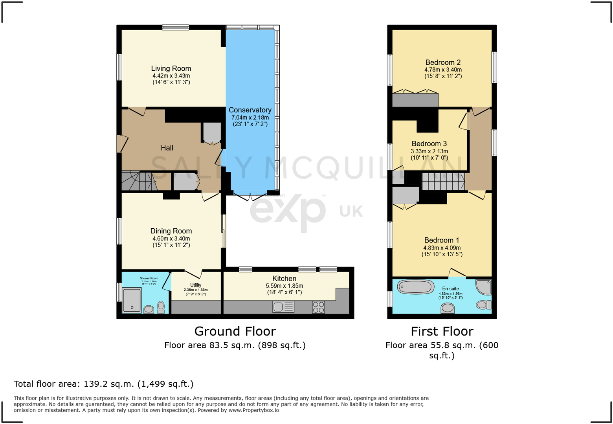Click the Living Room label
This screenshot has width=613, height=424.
click(x=171, y=69)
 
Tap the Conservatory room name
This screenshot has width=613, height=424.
click(x=250, y=110)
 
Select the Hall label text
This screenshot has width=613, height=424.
click(x=167, y=148)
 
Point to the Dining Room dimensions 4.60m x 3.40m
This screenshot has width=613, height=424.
click(x=171, y=239)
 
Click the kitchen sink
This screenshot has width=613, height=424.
click(x=283, y=307)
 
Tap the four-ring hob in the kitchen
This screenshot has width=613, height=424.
click(x=318, y=307)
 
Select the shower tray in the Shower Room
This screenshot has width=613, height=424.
click(x=132, y=301)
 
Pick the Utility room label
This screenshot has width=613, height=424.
click(x=196, y=285)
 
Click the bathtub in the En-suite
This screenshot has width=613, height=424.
click(x=416, y=287)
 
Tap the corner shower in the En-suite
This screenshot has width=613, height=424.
click(x=484, y=287)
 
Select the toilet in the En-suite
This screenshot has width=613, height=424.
click(x=483, y=305)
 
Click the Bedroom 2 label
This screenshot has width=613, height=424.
click(x=443, y=62)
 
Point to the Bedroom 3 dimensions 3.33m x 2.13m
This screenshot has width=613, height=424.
click(x=429, y=151)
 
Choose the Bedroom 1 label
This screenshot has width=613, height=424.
click(x=442, y=240)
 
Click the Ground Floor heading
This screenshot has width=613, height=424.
click(x=235, y=332)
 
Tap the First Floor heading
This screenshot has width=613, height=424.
click(x=442, y=332)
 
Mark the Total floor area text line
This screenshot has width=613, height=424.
click(x=104, y=384)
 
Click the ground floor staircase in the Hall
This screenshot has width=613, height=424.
click(x=138, y=181)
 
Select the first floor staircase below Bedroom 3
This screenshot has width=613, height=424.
click(x=443, y=182)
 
